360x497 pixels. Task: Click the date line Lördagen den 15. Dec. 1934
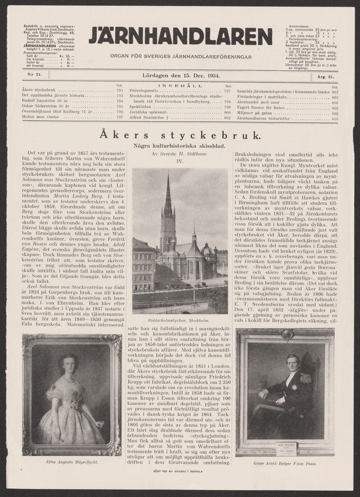(180, 76)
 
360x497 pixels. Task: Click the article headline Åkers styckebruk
(180, 135)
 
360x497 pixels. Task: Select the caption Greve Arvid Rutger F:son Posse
(286, 463)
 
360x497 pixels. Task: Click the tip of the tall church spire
(168, 173)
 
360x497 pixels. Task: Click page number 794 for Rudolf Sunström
(120, 101)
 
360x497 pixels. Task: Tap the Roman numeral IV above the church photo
(180, 161)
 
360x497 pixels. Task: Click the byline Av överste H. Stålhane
(180, 153)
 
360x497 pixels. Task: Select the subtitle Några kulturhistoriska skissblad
(180, 145)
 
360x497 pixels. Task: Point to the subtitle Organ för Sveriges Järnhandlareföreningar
(180, 56)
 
